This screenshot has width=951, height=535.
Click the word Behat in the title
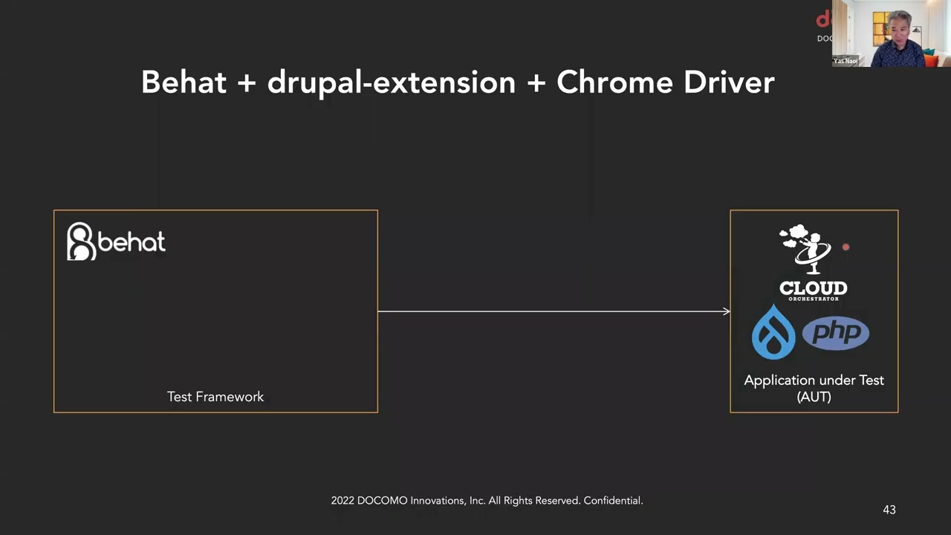point(184,82)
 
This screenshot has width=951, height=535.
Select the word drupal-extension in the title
point(391,82)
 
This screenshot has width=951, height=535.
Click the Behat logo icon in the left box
point(81,241)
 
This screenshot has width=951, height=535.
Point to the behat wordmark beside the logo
point(132,242)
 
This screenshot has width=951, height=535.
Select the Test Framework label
point(215,397)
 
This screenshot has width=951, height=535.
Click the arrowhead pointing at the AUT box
point(726,311)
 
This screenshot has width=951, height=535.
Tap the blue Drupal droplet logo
point(773,332)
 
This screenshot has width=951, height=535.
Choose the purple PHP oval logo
point(836,333)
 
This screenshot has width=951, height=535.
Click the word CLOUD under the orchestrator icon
point(813,288)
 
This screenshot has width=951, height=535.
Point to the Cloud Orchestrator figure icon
point(805,248)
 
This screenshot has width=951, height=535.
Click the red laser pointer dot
point(845,247)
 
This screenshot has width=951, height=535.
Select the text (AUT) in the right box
point(814,397)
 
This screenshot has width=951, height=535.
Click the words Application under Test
point(814,380)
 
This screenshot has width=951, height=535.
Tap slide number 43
point(889,510)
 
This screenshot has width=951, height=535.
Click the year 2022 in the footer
point(343,501)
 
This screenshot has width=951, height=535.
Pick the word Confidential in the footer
point(613,501)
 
